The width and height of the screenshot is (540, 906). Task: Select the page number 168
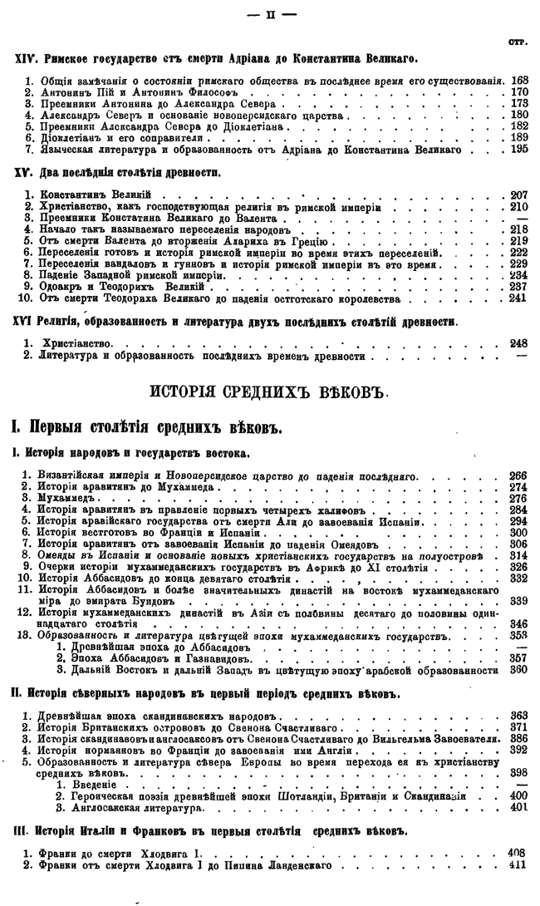[520, 81]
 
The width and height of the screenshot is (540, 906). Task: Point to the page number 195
[520, 149]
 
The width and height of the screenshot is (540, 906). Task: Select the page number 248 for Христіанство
[519, 342]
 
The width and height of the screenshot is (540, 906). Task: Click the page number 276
[519, 499]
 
